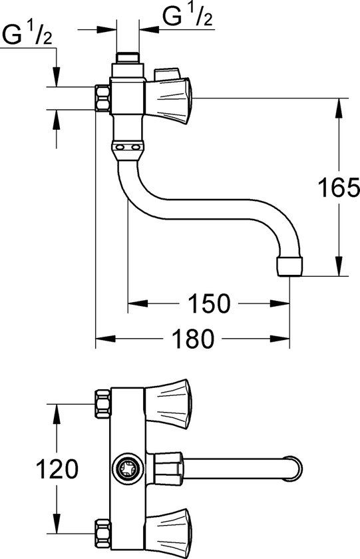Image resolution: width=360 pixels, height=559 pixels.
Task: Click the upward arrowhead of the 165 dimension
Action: [341, 102]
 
